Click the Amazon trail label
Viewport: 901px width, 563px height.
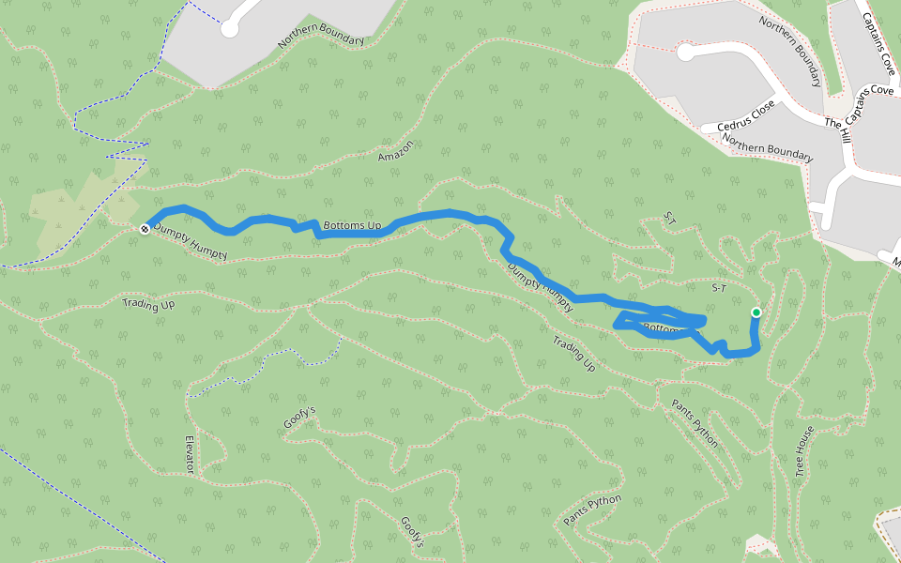(396, 150)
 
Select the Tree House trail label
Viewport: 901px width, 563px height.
(804, 451)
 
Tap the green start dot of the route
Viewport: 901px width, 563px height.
(756, 312)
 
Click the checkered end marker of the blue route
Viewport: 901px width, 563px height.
(145, 229)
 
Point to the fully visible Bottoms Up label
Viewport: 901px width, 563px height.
(352, 226)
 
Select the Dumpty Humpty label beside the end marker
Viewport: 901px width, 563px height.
(191, 241)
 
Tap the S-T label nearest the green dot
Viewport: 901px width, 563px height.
(720, 288)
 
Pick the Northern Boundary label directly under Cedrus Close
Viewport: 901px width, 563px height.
(767, 144)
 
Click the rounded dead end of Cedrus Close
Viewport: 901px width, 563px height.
(686, 53)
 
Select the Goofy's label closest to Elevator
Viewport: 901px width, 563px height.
(299, 418)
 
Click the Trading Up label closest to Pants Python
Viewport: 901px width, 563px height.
(573, 354)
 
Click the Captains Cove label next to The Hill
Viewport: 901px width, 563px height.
(872, 99)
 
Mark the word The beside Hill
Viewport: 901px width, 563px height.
(834, 123)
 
